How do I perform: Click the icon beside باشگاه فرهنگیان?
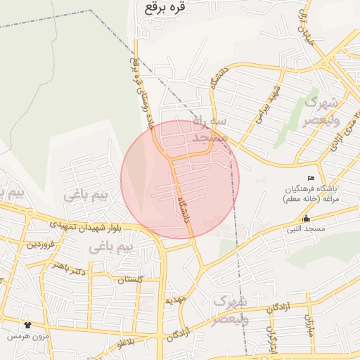tap(312, 178)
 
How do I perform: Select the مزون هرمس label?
tap(27, 336)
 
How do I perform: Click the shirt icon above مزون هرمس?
tap(27, 325)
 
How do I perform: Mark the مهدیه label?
tap(175, 300)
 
